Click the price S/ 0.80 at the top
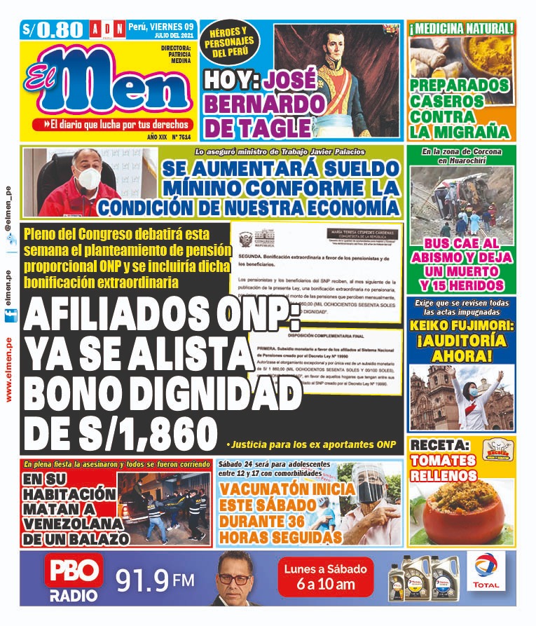(53, 30)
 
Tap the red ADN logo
(106, 29)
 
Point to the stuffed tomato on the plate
(460, 515)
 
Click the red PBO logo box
(74, 572)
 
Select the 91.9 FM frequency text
(155, 580)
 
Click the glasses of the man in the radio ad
(234, 579)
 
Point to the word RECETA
(439, 446)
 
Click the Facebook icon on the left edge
(8, 317)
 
